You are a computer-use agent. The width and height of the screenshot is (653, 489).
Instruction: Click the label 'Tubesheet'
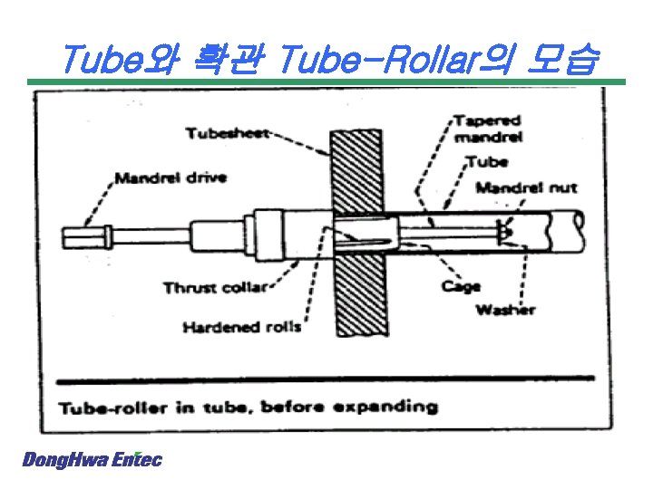pyautogui.click(x=228, y=134)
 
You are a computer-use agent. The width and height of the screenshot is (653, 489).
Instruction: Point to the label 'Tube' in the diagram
pyautogui.click(x=488, y=163)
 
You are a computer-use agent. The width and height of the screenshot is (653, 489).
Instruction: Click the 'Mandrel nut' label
pyautogui.click(x=526, y=187)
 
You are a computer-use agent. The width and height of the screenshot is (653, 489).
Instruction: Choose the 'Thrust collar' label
pyautogui.click(x=215, y=288)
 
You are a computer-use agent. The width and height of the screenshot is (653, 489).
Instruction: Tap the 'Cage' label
pyautogui.click(x=461, y=287)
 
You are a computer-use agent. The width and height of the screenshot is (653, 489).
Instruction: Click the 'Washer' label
pyautogui.click(x=505, y=311)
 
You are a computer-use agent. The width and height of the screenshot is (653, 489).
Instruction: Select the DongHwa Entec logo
pyautogui.click(x=92, y=460)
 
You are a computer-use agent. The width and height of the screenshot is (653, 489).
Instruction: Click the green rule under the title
pyautogui.click(x=326, y=83)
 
